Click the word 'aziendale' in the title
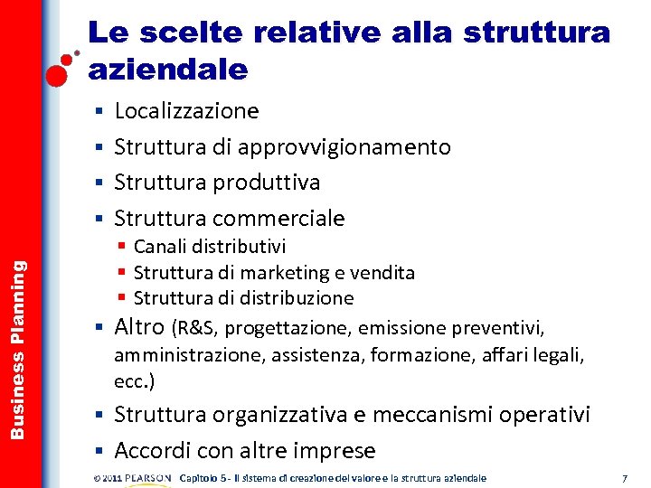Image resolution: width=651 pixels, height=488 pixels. pos(167,69)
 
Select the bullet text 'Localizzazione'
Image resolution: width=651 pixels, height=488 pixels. pos(186,111)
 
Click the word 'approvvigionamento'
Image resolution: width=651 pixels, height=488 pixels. pos(347,146)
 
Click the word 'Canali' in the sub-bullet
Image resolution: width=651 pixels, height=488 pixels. pos(162,247)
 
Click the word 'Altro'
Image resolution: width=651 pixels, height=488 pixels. pos(139,326)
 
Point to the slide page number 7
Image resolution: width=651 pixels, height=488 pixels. pos(625,477)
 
